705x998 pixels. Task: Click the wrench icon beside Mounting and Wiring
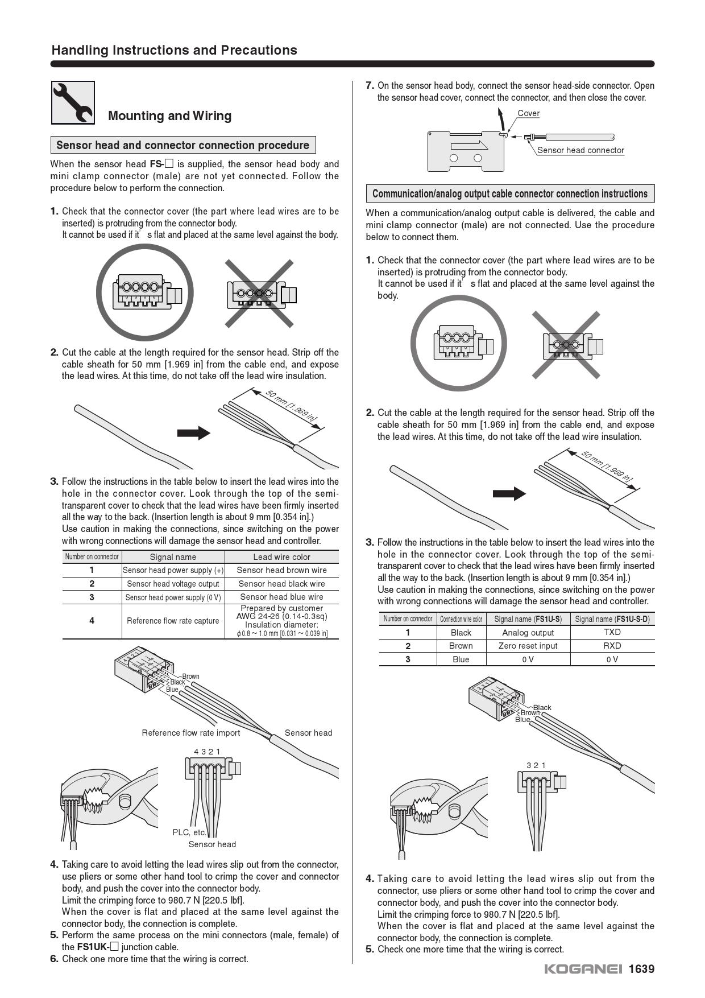point(73,102)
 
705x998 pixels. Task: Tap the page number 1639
point(641,969)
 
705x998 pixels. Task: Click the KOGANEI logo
point(583,969)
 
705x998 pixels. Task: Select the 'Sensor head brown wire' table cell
point(281,570)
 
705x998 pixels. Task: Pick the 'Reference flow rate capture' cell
point(173,621)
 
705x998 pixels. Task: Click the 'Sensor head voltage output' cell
point(173,584)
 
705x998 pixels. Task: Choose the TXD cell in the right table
point(612,632)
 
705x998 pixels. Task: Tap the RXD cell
point(612,646)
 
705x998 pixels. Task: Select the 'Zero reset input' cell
point(528,646)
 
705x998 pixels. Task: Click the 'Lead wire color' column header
point(281,557)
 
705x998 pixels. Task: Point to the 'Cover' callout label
point(528,113)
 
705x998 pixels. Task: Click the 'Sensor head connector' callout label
point(580,150)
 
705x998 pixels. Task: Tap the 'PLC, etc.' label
point(189,832)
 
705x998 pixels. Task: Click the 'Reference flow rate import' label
point(190,733)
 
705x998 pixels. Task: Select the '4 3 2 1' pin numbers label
point(207,752)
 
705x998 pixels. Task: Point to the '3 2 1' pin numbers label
point(536,765)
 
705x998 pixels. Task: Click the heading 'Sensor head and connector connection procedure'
point(183,145)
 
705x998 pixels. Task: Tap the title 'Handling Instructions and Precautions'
point(174,50)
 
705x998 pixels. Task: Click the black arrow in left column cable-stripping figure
point(193,433)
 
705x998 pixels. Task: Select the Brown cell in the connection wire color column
point(461,646)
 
